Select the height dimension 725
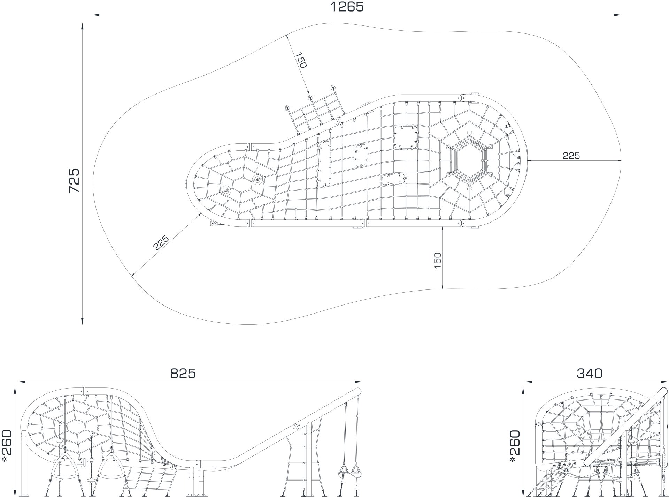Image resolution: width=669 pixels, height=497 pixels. tap(74, 181)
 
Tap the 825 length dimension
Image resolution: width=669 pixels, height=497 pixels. tap(183, 374)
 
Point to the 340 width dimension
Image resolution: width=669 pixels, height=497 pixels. tap(590, 374)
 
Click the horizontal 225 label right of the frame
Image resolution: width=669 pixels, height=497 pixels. tap(571, 156)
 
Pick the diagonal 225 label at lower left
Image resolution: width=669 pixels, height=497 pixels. tap(161, 243)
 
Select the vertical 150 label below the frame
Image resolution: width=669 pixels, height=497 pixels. tap(438, 260)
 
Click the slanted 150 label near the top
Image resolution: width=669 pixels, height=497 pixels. tap(301, 60)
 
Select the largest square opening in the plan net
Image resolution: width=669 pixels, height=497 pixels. tap(406, 137)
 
